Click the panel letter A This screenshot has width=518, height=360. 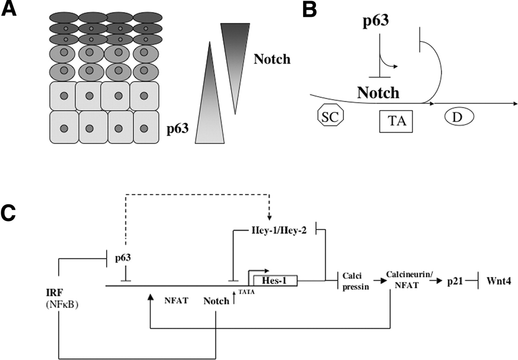9,9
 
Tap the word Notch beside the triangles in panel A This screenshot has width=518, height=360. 272,60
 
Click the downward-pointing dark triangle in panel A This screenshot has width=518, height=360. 235,61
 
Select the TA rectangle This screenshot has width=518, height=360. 396,121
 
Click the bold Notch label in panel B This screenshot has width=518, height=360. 378,94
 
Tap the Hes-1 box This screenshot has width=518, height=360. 275,280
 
